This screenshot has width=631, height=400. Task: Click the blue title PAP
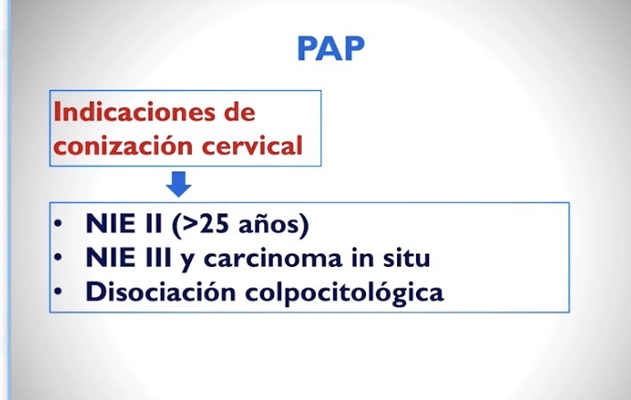[x=331, y=49]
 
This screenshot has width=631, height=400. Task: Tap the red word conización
[x=123, y=145]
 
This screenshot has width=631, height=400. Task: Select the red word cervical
[x=252, y=145]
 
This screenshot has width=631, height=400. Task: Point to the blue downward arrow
[x=179, y=184]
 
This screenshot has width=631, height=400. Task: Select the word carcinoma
[x=273, y=258]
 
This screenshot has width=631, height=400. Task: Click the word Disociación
[x=161, y=291]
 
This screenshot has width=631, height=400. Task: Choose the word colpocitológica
[x=345, y=293]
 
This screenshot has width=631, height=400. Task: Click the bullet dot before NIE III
[x=58, y=257]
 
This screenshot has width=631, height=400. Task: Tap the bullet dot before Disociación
[x=58, y=291]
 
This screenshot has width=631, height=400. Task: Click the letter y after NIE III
[x=187, y=261]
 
